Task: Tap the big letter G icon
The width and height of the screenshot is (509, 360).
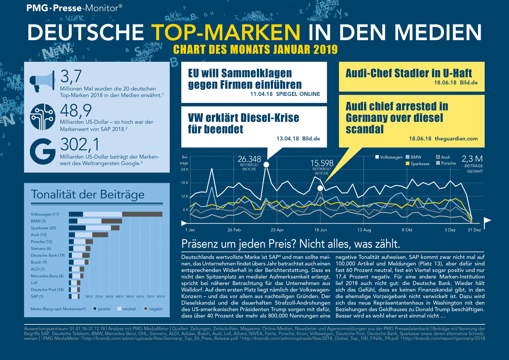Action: pyautogui.click(x=42, y=151)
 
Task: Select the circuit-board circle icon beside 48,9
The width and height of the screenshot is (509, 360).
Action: pyautogui.click(x=42, y=117)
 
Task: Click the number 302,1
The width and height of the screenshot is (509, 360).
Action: pyautogui.click(x=80, y=145)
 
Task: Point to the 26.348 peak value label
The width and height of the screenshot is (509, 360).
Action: pyautogui.click(x=249, y=159)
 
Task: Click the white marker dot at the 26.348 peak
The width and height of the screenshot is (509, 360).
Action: pyautogui.click(x=266, y=165)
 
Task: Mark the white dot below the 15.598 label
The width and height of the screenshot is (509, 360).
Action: pyautogui.click(x=320, y=188)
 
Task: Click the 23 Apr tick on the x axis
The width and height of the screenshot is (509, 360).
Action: pyautogui.click(x=277, y=230)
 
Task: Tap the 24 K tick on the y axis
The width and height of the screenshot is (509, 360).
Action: pyautogui.click(x=185, y=169)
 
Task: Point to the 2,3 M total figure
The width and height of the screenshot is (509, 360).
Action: pyautogui.click(x=472, y=159)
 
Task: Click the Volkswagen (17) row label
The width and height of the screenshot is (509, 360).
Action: pyautogui.click(x=45, y=214)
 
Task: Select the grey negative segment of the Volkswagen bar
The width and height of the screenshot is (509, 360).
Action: pyautogui.click(x=142, y=214)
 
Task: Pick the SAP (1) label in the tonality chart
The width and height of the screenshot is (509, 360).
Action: pyautogui.click(x=37, y=296)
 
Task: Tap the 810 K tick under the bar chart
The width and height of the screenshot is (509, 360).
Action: pyautogui.click(x=161, y=297)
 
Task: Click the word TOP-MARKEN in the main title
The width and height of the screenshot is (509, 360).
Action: pyautogui.click(x=226, y=32)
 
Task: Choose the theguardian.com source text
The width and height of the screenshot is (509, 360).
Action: pyautogui.click(x=456, y=139)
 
